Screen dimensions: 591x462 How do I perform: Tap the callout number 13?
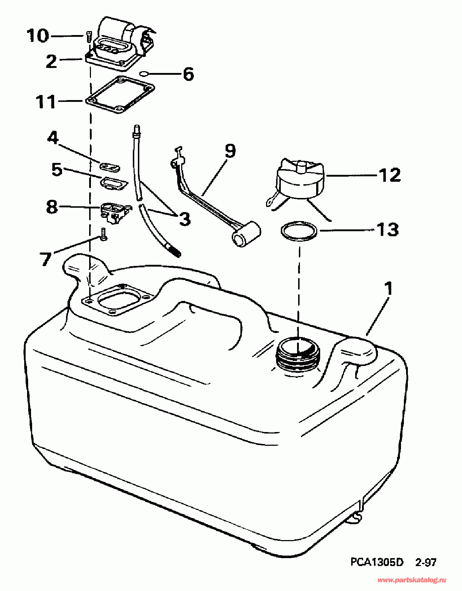point(388,229)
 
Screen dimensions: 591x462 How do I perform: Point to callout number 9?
point(230,151)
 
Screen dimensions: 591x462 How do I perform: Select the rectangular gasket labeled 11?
point(121,95)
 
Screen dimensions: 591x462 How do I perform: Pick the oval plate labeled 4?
point(109,167)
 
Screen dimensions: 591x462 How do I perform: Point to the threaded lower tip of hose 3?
point(174,250)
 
